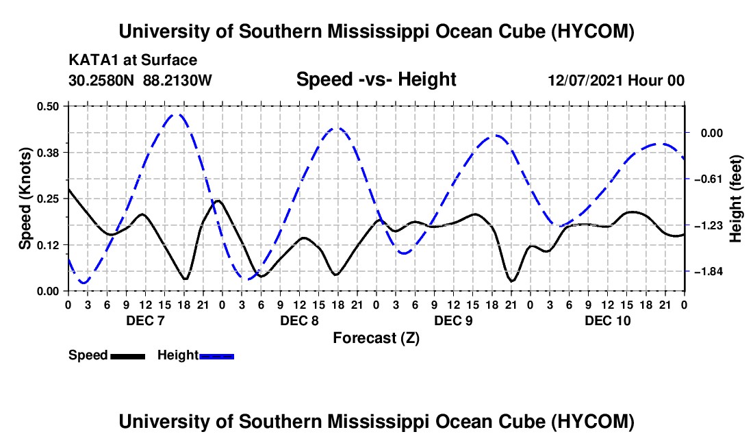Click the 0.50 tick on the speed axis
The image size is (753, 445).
pos(48,106)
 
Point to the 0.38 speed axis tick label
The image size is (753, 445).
pos(48,153)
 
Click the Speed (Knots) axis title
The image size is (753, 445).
pos(25,199)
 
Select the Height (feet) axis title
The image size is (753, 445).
pos(736,199)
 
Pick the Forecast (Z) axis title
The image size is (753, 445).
pos(376,338)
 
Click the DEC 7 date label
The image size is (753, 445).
pos(146,320)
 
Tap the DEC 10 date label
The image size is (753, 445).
pos(607,320)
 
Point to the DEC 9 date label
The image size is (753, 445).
pos(453,320)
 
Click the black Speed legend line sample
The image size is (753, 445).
pos(128,357)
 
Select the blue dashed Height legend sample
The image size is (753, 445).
pos(216,357)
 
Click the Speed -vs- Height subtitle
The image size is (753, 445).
pos(376,79)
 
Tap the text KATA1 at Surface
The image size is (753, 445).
pos(133,60)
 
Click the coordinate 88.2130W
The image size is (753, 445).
pos(177,80)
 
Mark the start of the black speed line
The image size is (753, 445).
pos(68,189)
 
